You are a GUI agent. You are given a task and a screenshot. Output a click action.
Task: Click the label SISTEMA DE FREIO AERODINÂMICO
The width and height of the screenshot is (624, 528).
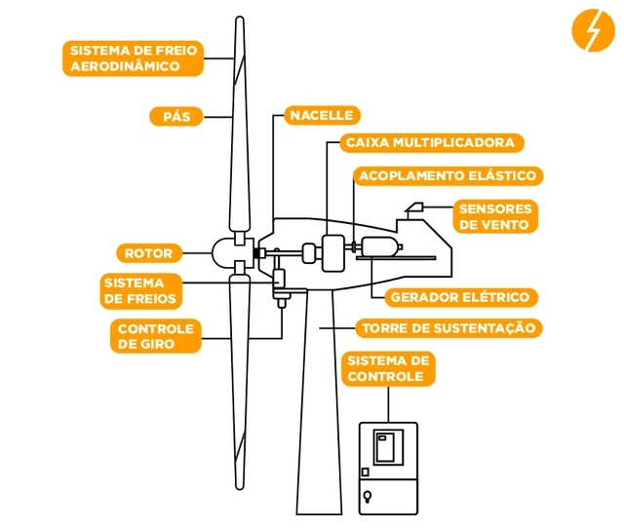pos(133,58)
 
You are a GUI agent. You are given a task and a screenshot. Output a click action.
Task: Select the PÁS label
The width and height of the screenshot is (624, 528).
pos(176,116)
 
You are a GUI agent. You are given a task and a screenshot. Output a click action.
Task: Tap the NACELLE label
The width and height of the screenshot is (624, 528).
pos(321,115)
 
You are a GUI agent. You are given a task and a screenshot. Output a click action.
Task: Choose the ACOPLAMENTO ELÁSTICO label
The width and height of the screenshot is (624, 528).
pos(448,176)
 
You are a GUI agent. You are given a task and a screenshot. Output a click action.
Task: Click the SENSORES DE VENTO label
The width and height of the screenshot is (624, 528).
pos(495,216)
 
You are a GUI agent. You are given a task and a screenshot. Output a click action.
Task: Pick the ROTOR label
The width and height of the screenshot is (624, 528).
pos(149,253)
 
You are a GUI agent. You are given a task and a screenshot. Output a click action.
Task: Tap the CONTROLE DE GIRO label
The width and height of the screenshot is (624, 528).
pos(155,336)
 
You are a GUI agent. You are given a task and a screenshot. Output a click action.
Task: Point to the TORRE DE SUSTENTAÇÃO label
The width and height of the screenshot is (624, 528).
pos(448,328)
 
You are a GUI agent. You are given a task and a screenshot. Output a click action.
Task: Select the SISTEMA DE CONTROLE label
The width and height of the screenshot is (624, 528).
pos(388,368)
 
